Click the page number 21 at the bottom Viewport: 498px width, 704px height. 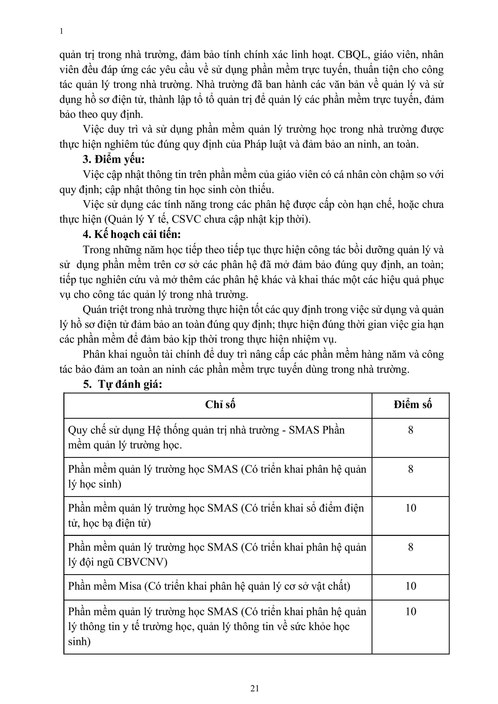pyautogui.click(x=255, y=688)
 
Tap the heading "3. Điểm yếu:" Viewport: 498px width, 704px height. pyautogui.click(x=114, y=160)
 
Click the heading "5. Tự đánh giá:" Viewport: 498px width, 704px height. pyautogui.click(x=122, y=384)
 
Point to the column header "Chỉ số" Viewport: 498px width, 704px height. pyautogui.click(x=220, y=405)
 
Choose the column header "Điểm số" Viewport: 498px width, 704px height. pyautogui.click(x=412, y=405)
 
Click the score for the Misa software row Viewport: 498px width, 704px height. pyautogui.click(x=411, y=586)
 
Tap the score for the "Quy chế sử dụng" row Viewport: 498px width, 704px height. pyautogui.click(x=411, y=430)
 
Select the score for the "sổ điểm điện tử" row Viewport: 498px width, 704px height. pyautogui.click(x=411, y=508)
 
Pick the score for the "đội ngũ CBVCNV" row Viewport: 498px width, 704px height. pyautogui.click(x=411, y=547)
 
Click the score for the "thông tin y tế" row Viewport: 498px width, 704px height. pyautogui.click(x=411, y=612)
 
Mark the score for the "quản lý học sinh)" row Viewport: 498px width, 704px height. pyautogui.click(x=411, y=469)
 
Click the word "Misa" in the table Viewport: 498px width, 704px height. pyautogui.click(x=130, y=586)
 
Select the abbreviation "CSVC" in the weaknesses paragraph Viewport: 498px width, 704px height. pyautogui.click(x=186, y=219)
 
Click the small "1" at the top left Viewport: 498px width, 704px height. pyautogui.click(x=61, y=31)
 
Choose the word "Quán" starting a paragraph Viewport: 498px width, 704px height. pyautogui.click(x=94, y=310)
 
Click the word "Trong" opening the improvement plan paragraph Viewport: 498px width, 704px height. pyautogui.click(x=96, y=250)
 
